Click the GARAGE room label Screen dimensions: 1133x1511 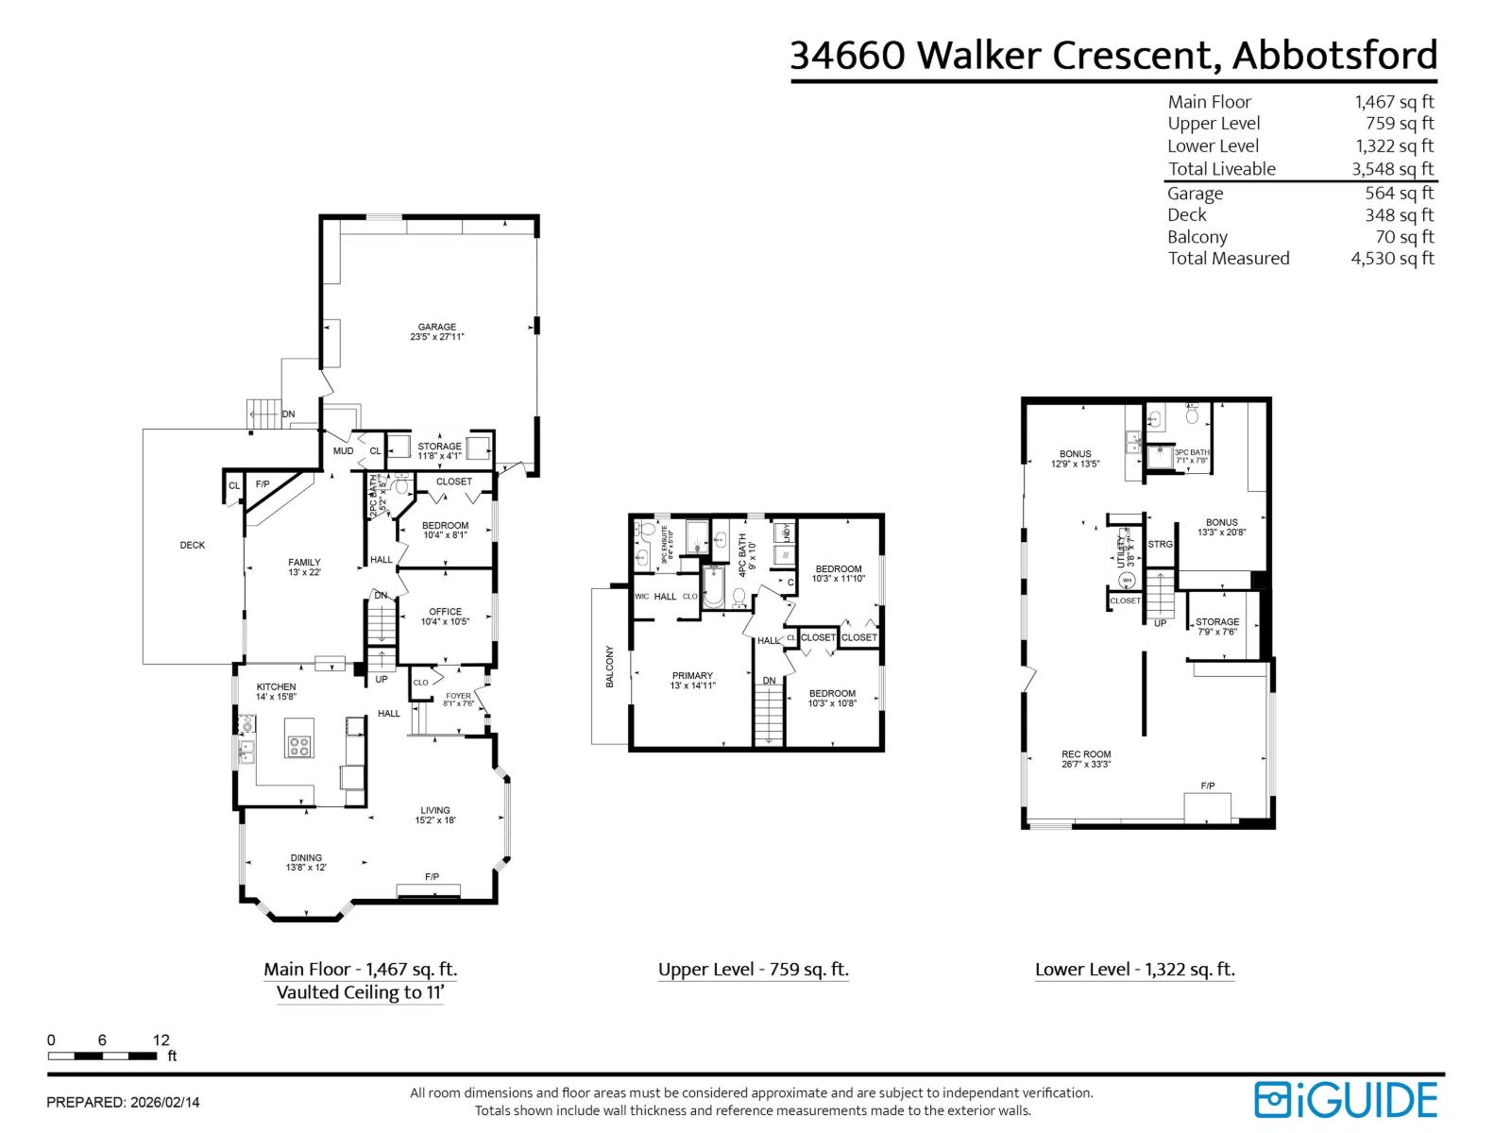(x=437, y=328)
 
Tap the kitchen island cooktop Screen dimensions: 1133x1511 (x=299, y=746)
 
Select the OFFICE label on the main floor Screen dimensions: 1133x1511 (x=445, y=612)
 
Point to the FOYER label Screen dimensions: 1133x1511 (x=458, y=696)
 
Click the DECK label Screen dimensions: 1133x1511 (x=193, y=545)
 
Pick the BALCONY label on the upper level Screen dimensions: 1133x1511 (x=610, y=666)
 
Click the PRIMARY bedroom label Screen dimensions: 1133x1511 (x=692, y=676)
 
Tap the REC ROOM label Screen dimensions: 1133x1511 (x=1086, y=754)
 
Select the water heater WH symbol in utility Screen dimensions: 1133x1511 (x=1127, y=580)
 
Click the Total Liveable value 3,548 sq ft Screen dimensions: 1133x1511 (x=1392, y=169)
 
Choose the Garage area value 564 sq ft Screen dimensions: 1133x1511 (x=1399, y=194)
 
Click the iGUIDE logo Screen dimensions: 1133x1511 (x=1346, y=1100)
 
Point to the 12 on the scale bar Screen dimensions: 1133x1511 (x=161, y=1040)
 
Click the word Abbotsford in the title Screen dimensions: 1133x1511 (x=1334, y=55)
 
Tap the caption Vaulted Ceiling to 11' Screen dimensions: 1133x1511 (x=360, y=992)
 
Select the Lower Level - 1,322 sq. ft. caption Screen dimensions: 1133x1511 (x=1134, y=970)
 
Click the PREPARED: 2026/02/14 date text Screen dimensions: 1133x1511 (x=123, y=1102)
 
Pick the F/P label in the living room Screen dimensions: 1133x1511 (x=432, y=877)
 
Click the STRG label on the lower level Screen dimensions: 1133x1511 (x=1160, y=545)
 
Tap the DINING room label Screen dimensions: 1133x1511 (x=306, y=858)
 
